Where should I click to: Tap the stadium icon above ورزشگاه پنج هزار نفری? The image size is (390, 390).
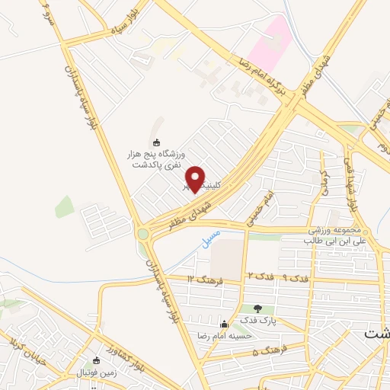point(157,142)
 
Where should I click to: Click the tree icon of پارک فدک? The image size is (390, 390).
point(257,308)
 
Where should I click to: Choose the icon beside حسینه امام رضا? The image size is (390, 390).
point(223,324)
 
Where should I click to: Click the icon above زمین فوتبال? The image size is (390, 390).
point(95,361)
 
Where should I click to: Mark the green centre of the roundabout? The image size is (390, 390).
point(142,234)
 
